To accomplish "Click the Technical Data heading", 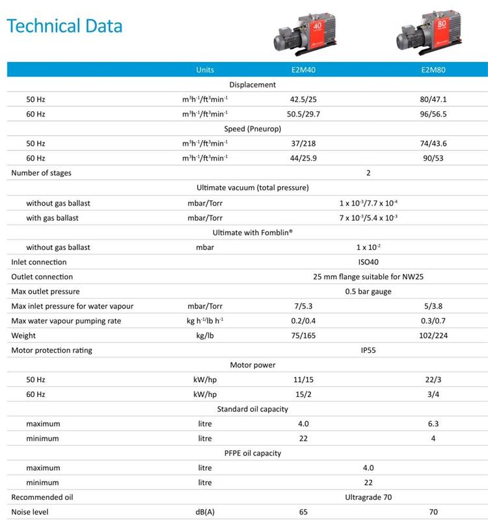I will coord(64,26).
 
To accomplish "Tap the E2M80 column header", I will coord(433,70).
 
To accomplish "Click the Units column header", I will coord(205,70).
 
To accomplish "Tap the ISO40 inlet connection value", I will coord(368,262).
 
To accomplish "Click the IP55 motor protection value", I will coord(368,350).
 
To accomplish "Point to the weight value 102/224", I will coord(433,335).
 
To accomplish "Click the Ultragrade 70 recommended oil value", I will coord(368,497).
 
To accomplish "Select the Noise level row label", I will coord(30,512).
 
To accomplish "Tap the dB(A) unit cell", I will coord(205,512).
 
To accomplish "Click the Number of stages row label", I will coord(42,172).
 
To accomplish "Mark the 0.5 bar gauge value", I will coord(368,292).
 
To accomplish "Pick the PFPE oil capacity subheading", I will coord(252,453).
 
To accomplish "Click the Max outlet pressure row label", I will coord(46,292).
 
